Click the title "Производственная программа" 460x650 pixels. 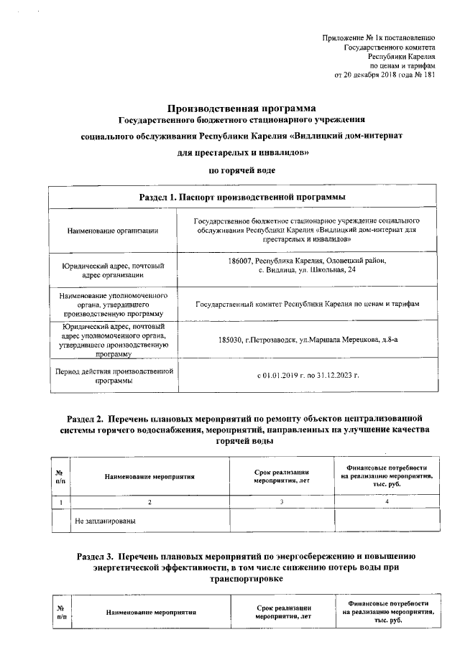pos(243,107)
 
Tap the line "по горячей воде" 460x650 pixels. pos(243,170)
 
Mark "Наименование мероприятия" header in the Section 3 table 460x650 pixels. pos(149,613)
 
